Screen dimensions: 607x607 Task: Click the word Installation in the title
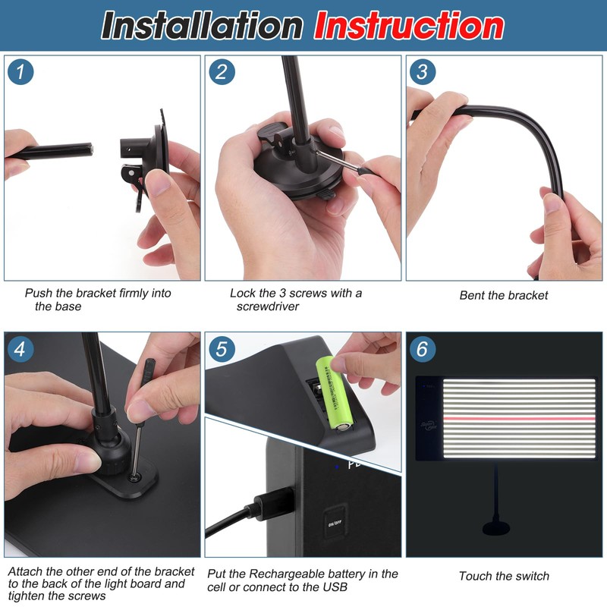pos(202,26)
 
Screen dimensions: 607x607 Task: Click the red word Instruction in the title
pos(409,26)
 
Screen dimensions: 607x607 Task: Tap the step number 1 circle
pos(20,71)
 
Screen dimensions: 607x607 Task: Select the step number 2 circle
pos(222,71)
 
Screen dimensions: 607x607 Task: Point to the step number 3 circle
pos(423,71)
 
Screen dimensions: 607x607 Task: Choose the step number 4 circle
pos(20,349)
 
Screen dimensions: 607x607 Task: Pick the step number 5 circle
pos(222,349)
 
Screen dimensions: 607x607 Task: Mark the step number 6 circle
pos(423,349)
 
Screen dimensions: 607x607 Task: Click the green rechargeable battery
pos(334,393)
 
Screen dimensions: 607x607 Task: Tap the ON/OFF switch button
pos(335,523)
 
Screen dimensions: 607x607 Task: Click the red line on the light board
pos(519,419)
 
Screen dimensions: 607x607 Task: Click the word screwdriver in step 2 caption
pos(268,307)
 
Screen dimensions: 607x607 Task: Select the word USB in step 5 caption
pos(334,587)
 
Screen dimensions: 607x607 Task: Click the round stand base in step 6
pos(496,528)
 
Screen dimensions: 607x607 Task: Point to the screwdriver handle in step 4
pos(147,373)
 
